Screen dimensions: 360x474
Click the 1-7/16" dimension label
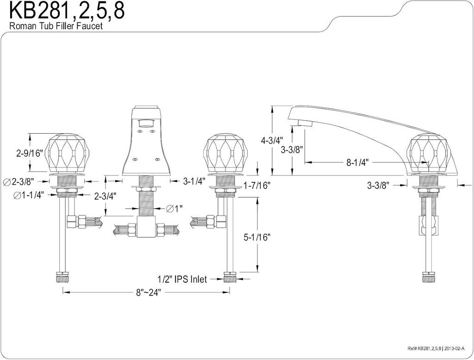coord(256,185)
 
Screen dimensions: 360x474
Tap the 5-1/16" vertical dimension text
coord(256,237)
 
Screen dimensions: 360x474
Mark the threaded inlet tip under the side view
coord(429,278)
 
